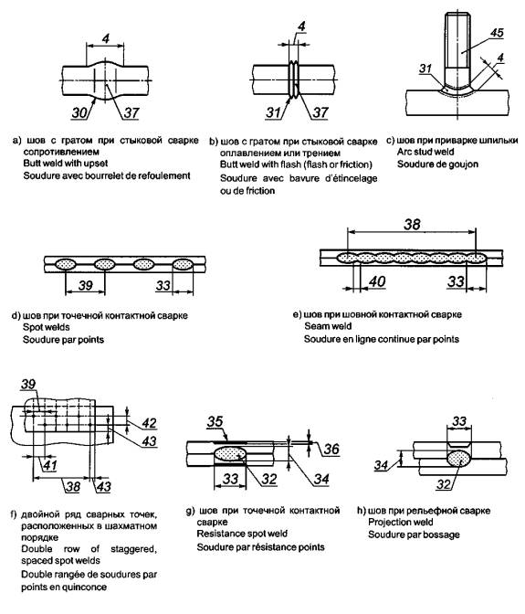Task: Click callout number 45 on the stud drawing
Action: tap(497, 33)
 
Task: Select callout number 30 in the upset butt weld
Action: tap(79, 112)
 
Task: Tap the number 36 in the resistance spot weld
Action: tap(331, 449)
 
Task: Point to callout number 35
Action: tap(215, 422)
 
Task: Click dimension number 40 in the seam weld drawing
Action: tap(377, 281)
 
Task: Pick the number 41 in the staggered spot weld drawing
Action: tap(49, 465)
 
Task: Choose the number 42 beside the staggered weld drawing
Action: tap(149, 423)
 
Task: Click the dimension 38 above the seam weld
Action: tap(412, 225)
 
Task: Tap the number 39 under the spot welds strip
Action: tap(85, 285)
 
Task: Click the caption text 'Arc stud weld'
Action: tap(425, 152)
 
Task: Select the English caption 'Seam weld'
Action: tap(328, 326)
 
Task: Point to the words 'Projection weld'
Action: tap(401, 522)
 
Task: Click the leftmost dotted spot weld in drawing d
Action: tap(65, 265)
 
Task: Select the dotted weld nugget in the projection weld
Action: tap(459, 459)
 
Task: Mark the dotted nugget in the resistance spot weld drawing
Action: tap(230, 454)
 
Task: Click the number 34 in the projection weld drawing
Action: tap(381, 465)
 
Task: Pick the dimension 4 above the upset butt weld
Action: tap(106, 38)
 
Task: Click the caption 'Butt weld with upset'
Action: tap(66, 164)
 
